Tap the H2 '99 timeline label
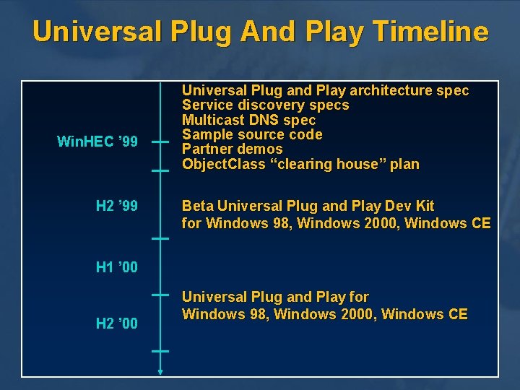tap(116, 207)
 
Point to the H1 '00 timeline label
tap(116, 268)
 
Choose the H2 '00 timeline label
tap(116, 324)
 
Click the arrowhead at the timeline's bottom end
tap(160, 372)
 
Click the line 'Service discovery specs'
tap(265, 105)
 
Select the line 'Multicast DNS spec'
tap(248, 120)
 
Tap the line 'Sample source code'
tap(252, 134)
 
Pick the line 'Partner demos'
tap(232, 149)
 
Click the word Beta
tap(197, 206)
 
